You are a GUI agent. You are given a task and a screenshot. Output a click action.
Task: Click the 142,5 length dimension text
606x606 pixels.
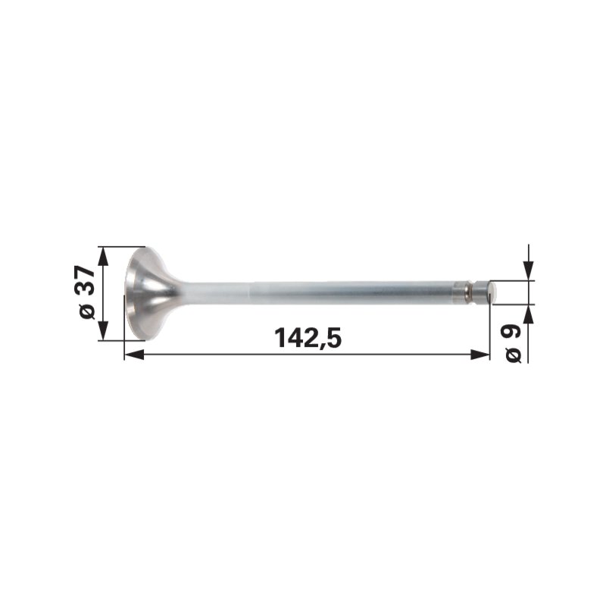pos(308,337)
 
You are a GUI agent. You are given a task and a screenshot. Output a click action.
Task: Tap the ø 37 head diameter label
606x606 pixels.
pos(87,292)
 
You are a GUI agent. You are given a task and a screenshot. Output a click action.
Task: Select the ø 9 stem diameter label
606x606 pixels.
pos(514,344)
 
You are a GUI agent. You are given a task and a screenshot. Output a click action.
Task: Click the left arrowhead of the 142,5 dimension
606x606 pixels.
pos(134,355)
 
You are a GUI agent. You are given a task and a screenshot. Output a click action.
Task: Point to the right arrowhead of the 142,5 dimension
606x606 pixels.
pos(480,355)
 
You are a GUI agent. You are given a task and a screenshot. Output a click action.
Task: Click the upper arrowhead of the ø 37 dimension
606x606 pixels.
pos(103,257)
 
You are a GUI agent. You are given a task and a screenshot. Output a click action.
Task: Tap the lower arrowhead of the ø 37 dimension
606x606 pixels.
pos(103,331)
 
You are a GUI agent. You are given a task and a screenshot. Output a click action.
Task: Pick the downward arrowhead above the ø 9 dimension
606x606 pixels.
pos(528,271)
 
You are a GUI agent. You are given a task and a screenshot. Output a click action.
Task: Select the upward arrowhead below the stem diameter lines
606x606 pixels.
pos(528,314)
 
